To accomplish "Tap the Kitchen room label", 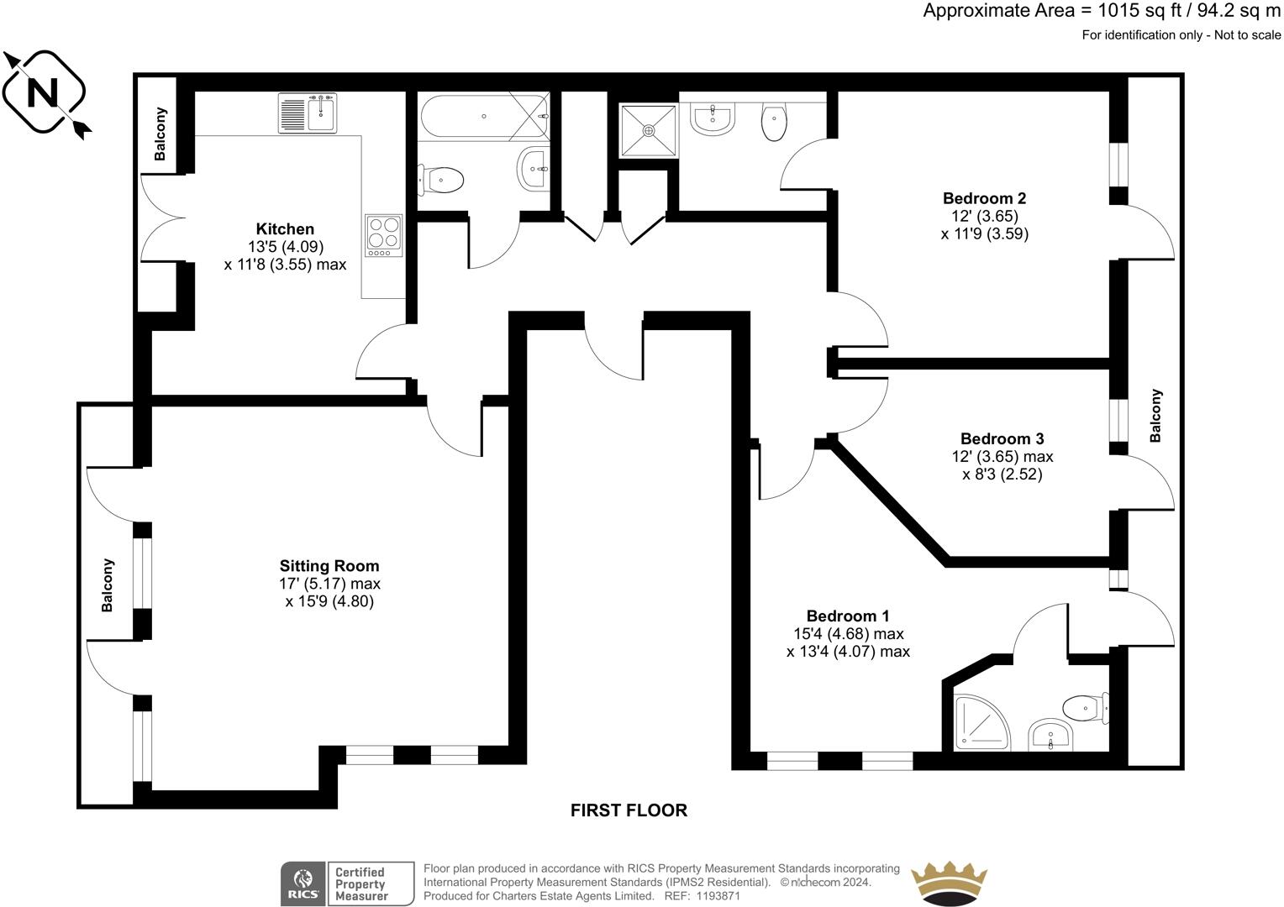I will tap(285, 229).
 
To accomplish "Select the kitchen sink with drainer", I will tap(308, 113).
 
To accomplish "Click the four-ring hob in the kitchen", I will tap(384, 236).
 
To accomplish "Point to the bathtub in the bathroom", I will tap(482, 117).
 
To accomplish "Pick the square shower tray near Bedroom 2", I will tap(648, 130).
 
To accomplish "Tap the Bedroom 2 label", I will tap(984, 199).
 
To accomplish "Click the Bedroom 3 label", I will tap(1002, 439).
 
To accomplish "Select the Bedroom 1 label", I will tap(848, 616).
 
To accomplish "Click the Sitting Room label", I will tap(329, 566).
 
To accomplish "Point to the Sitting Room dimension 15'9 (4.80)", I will tap(329, 601).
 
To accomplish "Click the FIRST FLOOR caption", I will tap(629, 810).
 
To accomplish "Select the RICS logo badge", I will tap(302, 883).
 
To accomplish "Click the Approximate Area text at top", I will tap(1102, 12).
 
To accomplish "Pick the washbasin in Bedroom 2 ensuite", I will tap(713, 118).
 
